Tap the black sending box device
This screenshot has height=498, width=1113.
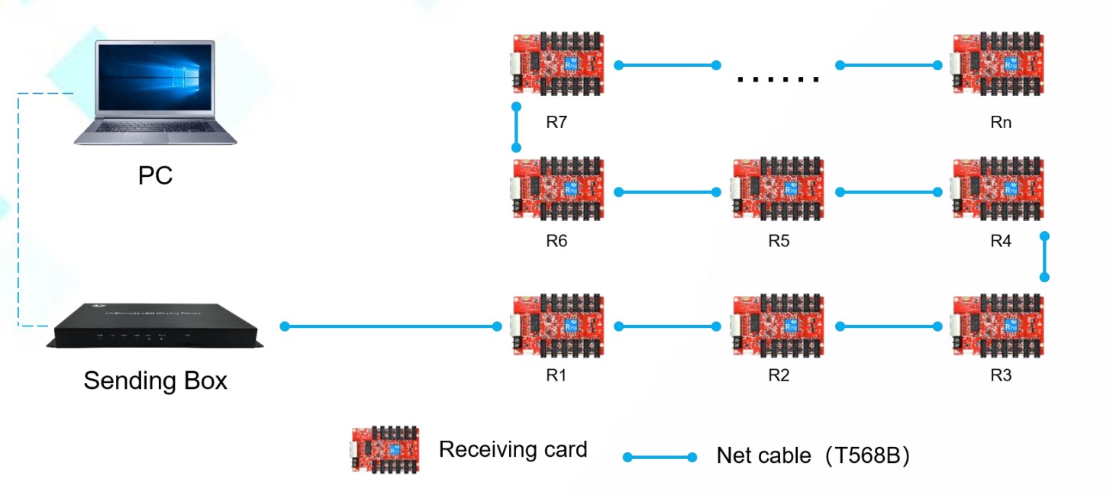[155, 326]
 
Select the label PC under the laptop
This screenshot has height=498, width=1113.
[155, 175]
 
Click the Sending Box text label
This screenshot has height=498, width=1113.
[155, 380]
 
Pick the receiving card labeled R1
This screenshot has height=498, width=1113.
[557, 326]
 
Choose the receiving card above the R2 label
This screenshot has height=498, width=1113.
[778, 326]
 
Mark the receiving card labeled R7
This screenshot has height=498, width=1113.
[557, 65]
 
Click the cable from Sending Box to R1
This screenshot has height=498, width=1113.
[389, 326]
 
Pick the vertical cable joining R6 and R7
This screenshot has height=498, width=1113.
[516, 127]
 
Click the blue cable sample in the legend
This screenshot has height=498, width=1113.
[660, 457]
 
